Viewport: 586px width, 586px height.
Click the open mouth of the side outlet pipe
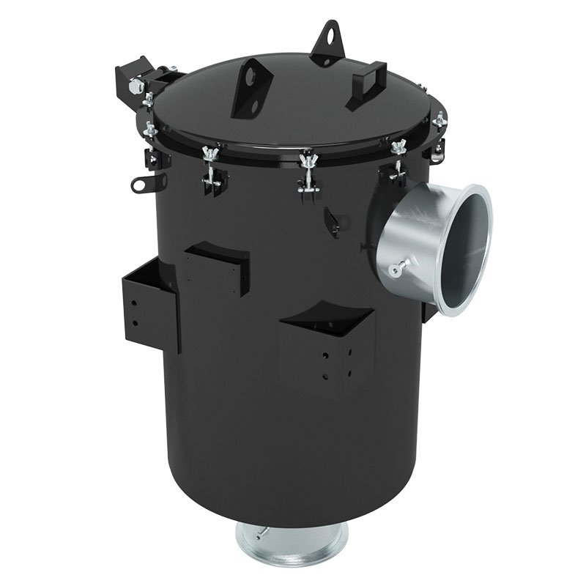pos(467,249)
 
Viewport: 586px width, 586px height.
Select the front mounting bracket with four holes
pos(327,348)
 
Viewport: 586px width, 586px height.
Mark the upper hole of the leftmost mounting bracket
pos(136,300)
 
